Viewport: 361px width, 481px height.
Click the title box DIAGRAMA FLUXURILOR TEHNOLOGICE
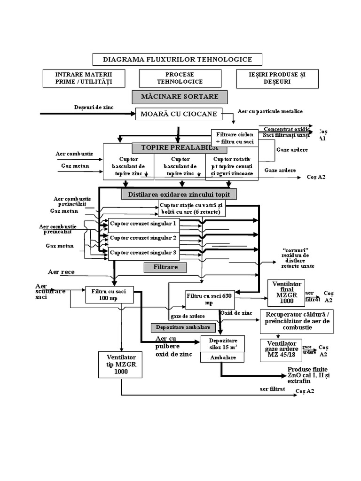(177, 59)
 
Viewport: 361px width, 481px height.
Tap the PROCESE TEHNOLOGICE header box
(180, 78)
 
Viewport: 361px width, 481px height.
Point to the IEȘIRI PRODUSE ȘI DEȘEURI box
(277, 78)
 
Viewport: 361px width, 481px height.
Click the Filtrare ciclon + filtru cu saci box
(235, 138)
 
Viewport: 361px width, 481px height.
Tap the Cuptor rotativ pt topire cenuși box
(232, 167)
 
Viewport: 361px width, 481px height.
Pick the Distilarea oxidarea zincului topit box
(179, 194)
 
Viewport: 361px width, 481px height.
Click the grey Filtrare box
(165, 267)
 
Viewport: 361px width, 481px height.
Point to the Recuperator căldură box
(297, 321)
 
